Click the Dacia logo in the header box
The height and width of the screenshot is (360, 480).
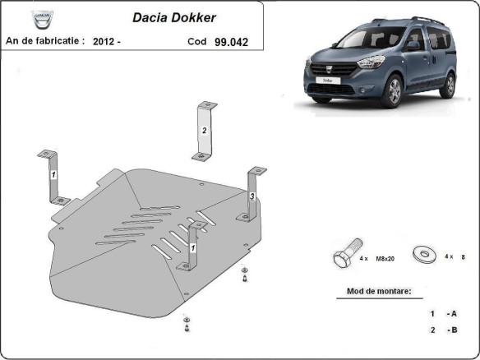coord(39,19)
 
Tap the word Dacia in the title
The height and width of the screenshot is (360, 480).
coord(149,16)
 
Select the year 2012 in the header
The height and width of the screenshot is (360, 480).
coord(104,40)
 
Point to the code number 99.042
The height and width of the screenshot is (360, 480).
coord(231,40)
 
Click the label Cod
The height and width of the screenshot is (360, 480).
coord(196,40)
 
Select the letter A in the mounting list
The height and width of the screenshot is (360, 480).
coord(452,313)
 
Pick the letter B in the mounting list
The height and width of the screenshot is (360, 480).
coord(452,330)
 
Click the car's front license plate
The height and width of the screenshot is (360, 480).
coord(327,81)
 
